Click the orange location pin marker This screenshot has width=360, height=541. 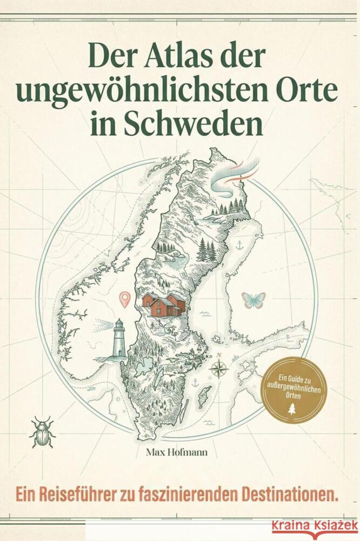pos(125,298)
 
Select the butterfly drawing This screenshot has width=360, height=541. pos(254,300)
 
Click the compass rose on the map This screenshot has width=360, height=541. pos(219,370)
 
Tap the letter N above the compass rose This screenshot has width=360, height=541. pos(219,355)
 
